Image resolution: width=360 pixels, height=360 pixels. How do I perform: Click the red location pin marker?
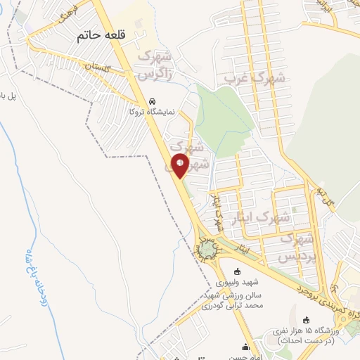[x=180, y=165]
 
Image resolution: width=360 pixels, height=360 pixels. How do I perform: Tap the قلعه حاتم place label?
[x=100, y=36]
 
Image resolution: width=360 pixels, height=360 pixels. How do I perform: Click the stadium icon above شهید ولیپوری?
[x=237, y=272]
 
